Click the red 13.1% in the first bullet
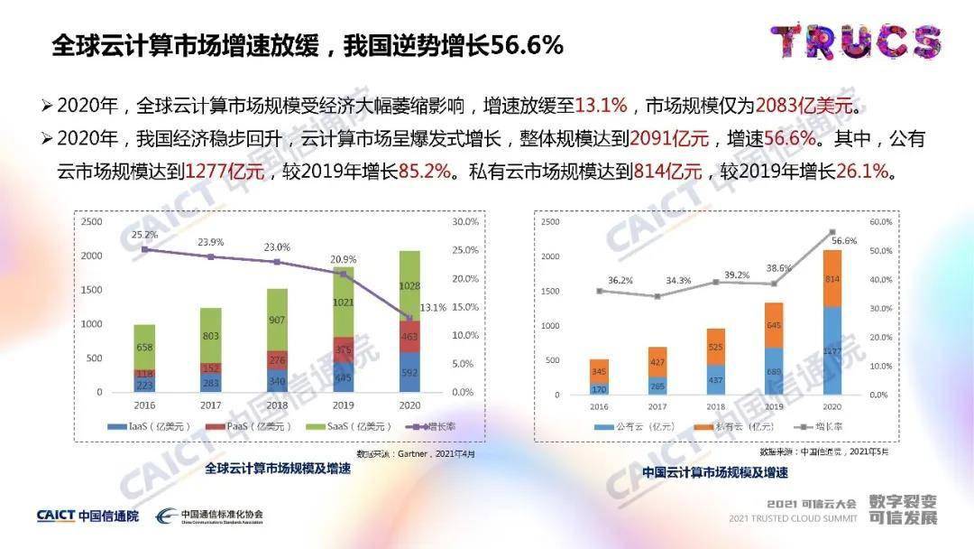click(601, 106)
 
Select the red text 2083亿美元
click(804, 106)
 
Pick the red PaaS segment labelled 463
click(409, 336)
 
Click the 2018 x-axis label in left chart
click(276, 406)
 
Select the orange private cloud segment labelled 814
click(832, 279)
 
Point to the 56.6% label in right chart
click(844, 241)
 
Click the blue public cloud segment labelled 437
click(715, 379)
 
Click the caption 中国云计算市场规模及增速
click(715, 471)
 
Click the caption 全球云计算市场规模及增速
click(277, 469)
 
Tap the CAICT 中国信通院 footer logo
click(87, 516)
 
